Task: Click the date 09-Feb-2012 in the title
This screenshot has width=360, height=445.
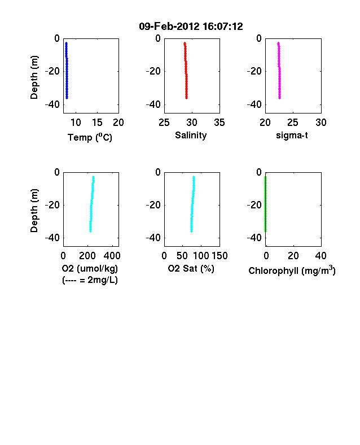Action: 169,27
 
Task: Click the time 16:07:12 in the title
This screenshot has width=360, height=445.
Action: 223,27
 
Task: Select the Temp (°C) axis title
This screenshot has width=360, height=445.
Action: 90,137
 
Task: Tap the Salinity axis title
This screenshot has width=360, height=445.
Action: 191,136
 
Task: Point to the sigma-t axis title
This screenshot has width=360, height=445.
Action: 292,136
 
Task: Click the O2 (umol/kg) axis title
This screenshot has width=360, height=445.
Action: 90,268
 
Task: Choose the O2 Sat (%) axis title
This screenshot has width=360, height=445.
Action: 191,268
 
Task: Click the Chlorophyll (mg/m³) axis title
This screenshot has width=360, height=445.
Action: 292,270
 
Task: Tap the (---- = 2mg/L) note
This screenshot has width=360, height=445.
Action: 90,280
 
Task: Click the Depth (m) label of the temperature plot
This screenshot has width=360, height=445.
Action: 34,77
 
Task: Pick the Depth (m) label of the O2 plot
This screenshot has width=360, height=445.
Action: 34,211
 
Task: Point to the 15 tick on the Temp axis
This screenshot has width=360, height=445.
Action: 97,123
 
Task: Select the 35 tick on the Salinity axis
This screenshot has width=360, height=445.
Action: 219,123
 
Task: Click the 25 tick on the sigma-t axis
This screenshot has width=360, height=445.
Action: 293,123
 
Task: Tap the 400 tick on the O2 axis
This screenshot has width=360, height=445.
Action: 112,256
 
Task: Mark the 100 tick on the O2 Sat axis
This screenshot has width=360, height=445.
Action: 201,256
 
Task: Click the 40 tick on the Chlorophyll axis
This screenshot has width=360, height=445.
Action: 321,256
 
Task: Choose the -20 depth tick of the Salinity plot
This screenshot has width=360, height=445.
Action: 153,71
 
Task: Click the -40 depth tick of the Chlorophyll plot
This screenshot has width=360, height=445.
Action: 254,238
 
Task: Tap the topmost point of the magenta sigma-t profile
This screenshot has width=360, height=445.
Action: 278,43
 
